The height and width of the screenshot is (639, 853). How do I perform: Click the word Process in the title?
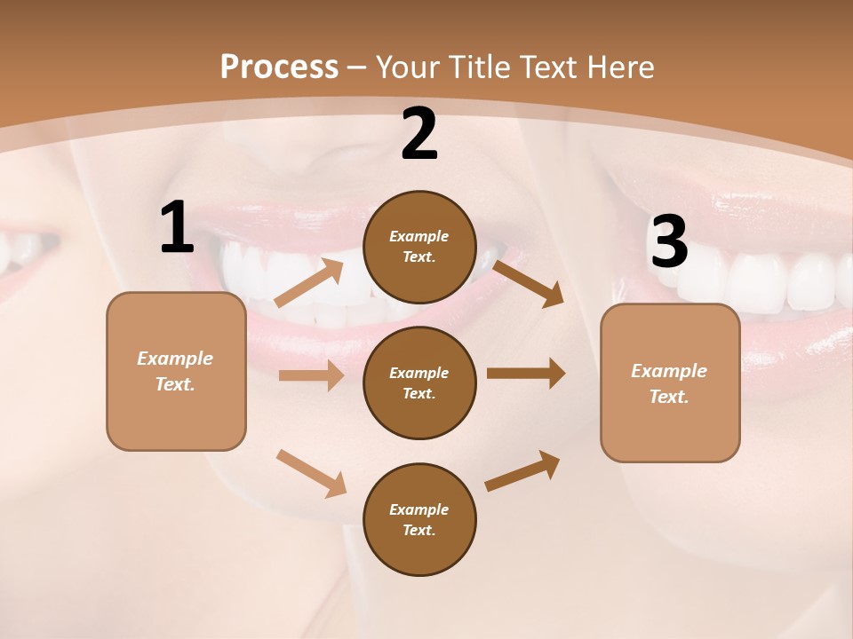coord(279,67)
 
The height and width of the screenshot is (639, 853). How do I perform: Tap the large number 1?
coord(177,228)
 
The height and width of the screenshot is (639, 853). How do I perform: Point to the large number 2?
coord(419,134)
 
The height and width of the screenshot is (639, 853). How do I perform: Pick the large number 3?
coord(669,242)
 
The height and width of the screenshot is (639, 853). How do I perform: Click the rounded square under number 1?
coord(176,371)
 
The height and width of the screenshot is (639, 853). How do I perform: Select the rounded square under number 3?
coord(670,383)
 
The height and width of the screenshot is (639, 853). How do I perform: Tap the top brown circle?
coord(419,247)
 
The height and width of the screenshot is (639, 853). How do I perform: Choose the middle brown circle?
coord(419,383)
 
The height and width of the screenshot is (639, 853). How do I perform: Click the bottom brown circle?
coord(419,519)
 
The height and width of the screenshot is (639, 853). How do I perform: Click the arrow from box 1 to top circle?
coord(309,283)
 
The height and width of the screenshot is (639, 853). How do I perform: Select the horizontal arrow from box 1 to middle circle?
coord(311,375)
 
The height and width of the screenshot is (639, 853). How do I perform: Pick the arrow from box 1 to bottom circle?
coord(312,473)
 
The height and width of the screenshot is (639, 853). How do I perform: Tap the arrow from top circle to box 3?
coord(529,282)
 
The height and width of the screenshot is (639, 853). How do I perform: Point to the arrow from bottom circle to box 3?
coord(522,471)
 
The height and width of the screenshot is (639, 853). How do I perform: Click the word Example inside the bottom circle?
coord(419,509)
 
